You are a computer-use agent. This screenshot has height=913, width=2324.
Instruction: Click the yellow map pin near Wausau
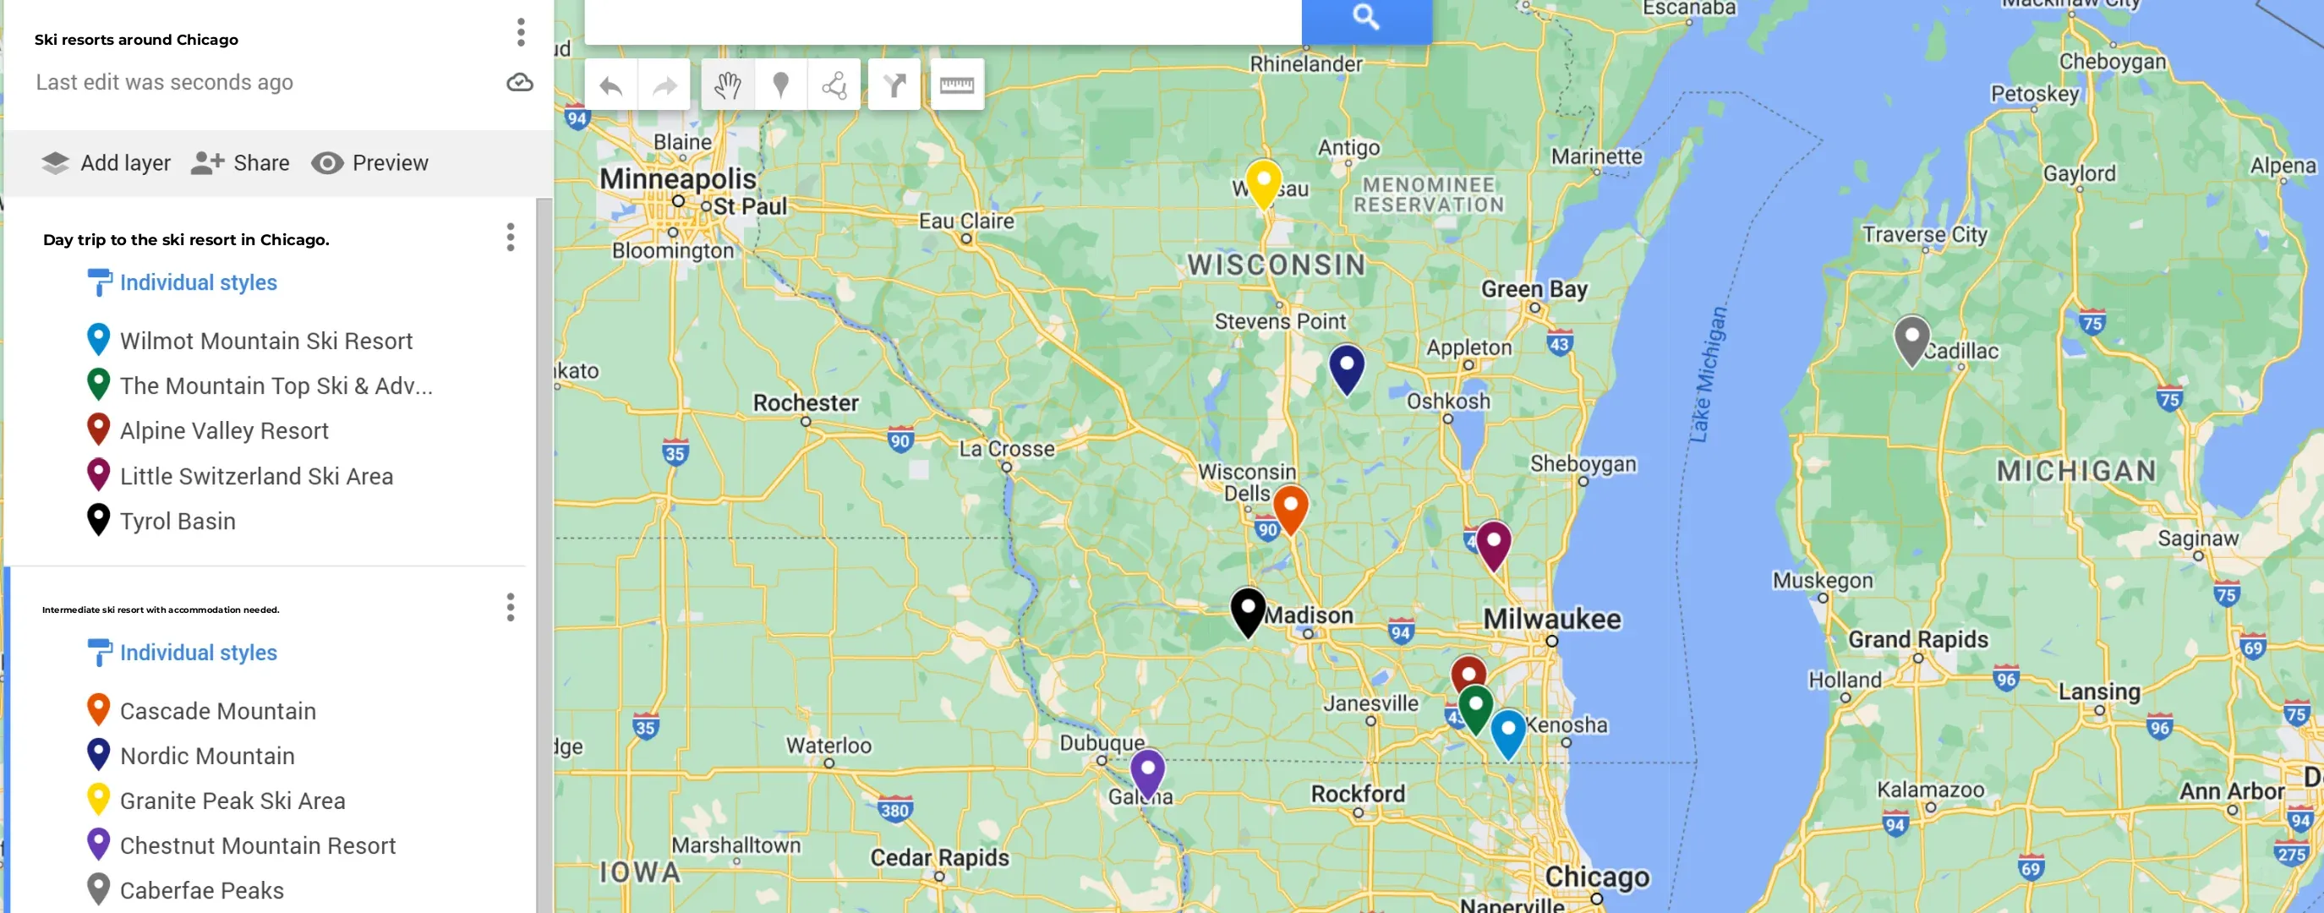(x=1263, y=182)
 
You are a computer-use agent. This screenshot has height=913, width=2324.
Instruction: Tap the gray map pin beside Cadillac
(x=1911, y=338)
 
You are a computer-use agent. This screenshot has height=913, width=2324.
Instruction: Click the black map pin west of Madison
(x=1248, y=610)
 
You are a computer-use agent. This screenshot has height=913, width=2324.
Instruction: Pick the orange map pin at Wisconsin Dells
(x=1290, y=508)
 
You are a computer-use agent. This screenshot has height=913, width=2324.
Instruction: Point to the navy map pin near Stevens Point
(x=1346, y=367)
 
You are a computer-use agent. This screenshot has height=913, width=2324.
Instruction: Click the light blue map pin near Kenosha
(x=1507, y=731)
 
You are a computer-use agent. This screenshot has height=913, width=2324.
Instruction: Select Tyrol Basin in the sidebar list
(x=178, y=522)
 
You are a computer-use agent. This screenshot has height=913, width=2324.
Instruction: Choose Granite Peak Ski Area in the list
(x=232, y=801)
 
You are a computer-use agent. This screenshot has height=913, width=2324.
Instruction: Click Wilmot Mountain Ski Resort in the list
(x=266, y=341)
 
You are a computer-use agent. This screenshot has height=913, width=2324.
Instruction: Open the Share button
(x=241, y=163)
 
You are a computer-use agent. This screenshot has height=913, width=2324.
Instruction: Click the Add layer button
(x=107, y=163)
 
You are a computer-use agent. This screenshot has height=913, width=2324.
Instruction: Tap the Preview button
(x=370, y=163)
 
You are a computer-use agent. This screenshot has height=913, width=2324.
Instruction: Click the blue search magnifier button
(x=1366, y=17)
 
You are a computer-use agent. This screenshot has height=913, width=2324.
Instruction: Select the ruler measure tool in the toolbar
(x=956, y=85)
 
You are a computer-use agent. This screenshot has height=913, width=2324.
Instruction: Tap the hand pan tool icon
(x=727, y=85)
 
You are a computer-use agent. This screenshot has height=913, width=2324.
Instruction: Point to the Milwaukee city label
(x=1552, y=619)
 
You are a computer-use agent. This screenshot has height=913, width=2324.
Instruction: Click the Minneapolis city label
(x=677, y=178)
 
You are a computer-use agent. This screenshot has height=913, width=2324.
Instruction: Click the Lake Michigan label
(x=1708, y=374)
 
